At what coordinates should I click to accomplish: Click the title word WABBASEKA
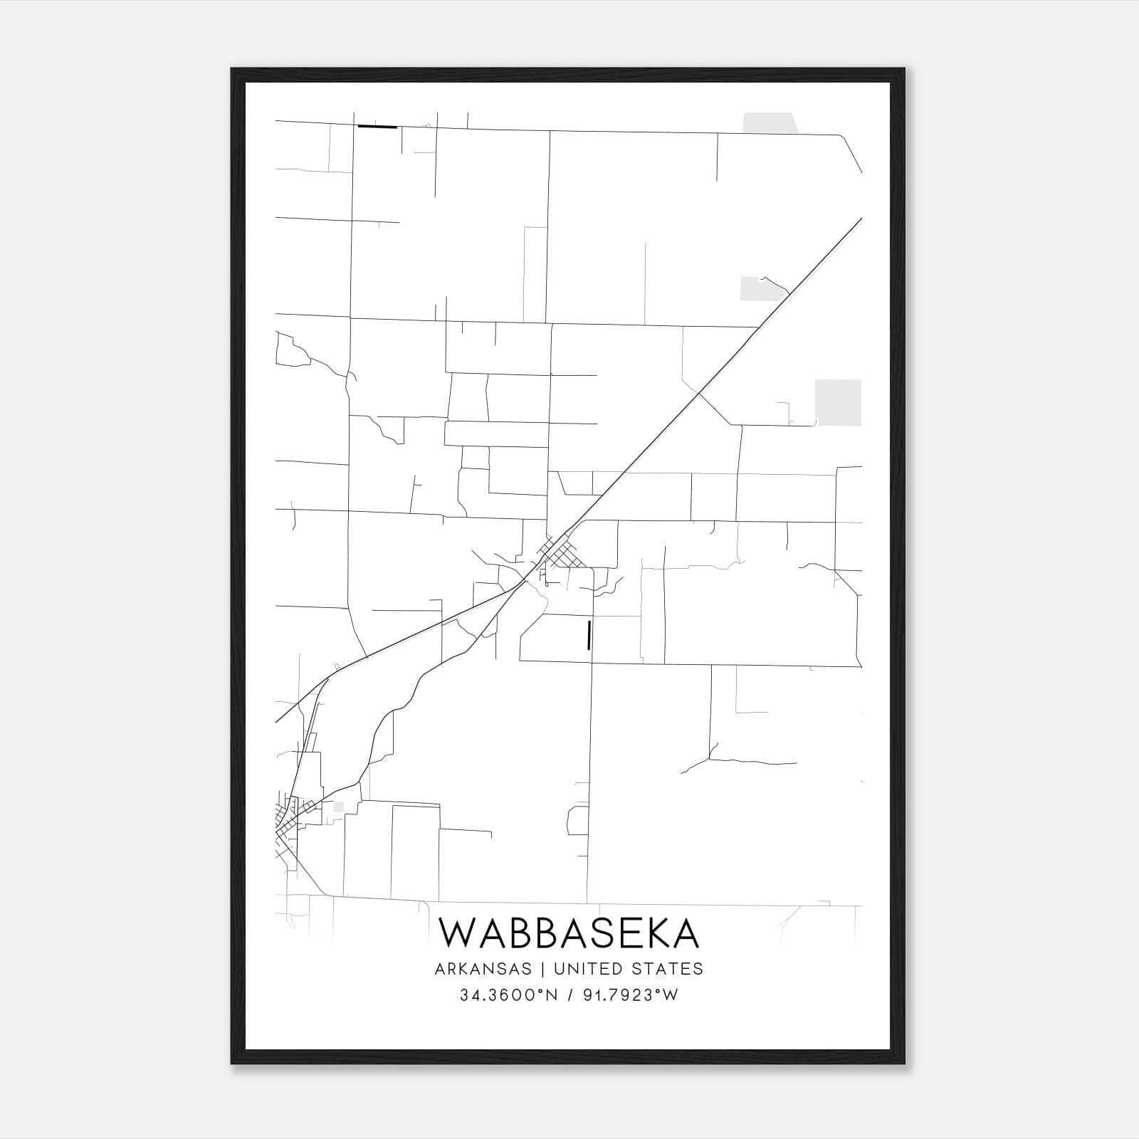click(569, 933)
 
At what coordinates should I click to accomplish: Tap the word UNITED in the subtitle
click(581, 969)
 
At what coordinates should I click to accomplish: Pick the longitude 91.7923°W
click(631, 995)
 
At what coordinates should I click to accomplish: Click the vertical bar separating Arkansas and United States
click(542, 969)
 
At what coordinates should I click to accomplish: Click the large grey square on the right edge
click(838, 402)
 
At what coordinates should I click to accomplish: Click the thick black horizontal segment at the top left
click(377, 127)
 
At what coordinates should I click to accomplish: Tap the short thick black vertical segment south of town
click(589, 635)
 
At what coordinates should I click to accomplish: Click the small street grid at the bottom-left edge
click(288, 826)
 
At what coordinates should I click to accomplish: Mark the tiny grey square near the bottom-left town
click(338, 807)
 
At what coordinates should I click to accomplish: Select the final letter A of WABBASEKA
click(685, 933)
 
